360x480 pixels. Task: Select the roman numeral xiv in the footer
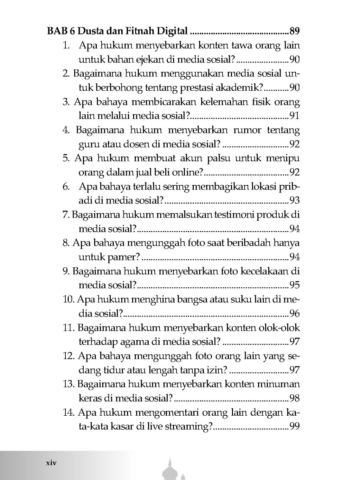[x=52, y=462]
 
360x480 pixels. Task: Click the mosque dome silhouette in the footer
[x=171, y=469]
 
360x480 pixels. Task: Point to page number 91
[x=295, y=116]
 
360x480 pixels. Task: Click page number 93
[x=295, y=200]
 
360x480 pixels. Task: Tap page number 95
[x=295, y=285]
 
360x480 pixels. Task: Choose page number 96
[x=295, y=313]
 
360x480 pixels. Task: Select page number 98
[x=295, y=398]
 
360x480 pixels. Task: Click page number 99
[x=295, y=427]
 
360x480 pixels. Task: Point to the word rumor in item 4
[x=247, y=130]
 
